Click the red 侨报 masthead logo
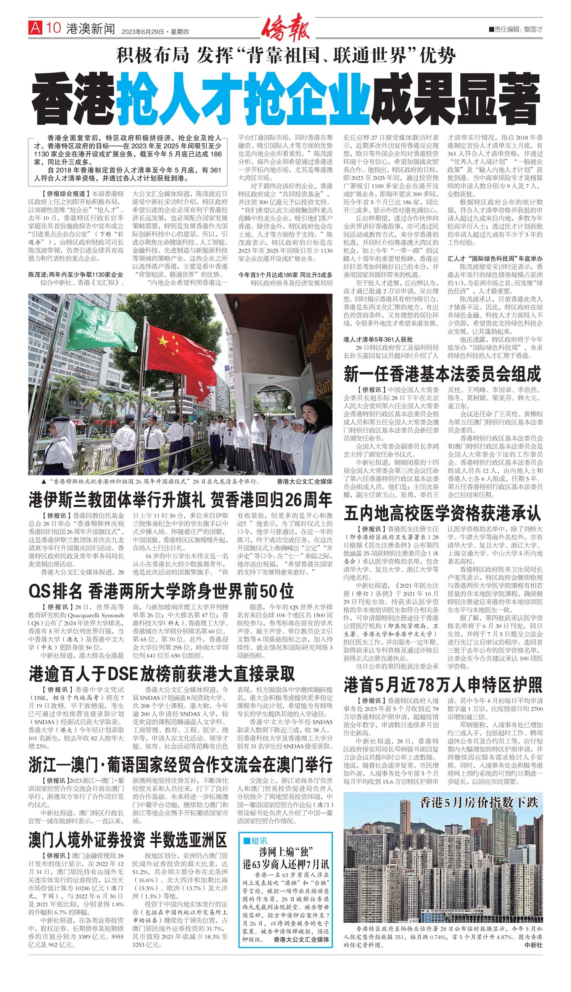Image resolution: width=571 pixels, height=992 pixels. coord(285,27)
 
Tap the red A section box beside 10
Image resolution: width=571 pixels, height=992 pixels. coord(35,28)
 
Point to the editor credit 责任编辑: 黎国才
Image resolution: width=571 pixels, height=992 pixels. coord(516,29)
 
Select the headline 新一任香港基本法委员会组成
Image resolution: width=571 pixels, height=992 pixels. coord(442,374)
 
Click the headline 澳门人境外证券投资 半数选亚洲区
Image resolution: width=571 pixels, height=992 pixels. coord(127,840)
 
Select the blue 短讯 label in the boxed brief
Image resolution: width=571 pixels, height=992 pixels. coord(255,841)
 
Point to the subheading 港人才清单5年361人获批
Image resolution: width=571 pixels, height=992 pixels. coord(378,339)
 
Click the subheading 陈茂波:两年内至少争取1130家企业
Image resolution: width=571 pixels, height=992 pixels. coord(75,275)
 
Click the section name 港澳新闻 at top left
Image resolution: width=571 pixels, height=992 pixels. coord(91,28)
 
